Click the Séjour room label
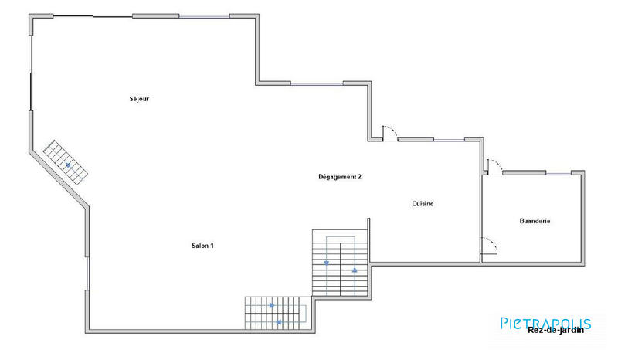pos(139,99)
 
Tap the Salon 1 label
pos(202,246)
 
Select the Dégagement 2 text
pos(340,177)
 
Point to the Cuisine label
pos(423,204)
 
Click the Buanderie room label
pos(535,221)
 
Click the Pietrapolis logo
pos(545,323)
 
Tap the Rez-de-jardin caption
pos(555,331)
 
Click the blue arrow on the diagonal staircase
pos(69,165)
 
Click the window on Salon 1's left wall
pos(87,275)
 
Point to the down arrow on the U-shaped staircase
pos(327,262)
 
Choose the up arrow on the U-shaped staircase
pos(355,270)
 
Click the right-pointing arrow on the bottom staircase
pos(271,305)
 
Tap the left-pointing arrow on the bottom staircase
pos(279,321)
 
